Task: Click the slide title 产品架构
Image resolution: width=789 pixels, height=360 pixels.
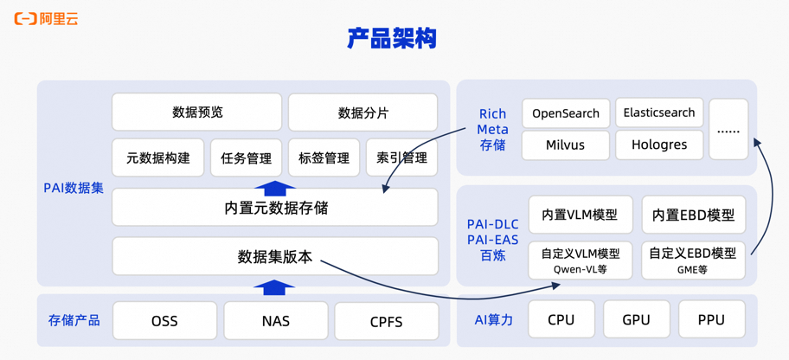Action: click(x=392, y=39)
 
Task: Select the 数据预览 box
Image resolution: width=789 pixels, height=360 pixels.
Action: click(x=197, y=112)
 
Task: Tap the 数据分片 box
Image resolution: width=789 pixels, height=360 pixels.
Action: click(x=362, y=113)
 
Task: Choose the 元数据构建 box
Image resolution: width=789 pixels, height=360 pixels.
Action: click(x=158, y=158)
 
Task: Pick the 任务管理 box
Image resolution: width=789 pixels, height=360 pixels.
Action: click(x=247, y=158)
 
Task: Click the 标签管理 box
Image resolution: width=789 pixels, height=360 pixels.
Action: click(x=324, y=158)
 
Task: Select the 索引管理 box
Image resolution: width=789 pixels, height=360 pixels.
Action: click(x=401, y=158)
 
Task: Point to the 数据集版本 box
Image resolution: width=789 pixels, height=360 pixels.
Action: click(x=275, y=257)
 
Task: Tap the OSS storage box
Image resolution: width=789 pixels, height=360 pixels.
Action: click(x=164, y=321)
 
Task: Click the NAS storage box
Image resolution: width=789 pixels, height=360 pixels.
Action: click(x=275, y=321)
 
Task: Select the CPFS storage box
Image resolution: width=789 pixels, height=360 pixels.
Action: click(x=386, y=321)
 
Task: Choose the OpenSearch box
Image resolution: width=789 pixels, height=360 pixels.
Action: click(x=566, y=113)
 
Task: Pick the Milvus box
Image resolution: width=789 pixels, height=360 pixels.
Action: click(x=566, y=145)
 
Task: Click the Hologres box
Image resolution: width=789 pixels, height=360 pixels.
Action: click(x=659, y=145)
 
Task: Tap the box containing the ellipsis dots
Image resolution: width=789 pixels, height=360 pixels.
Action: click(x=728, y=129)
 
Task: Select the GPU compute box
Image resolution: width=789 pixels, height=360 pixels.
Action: click(x=636, y=319)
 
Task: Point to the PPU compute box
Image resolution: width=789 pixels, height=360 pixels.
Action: click(x=711, y=319)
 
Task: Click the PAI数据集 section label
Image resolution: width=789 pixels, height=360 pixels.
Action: click(x=74, y=188)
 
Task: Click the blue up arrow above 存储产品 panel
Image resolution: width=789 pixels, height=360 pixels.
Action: click(x=274, y=287)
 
